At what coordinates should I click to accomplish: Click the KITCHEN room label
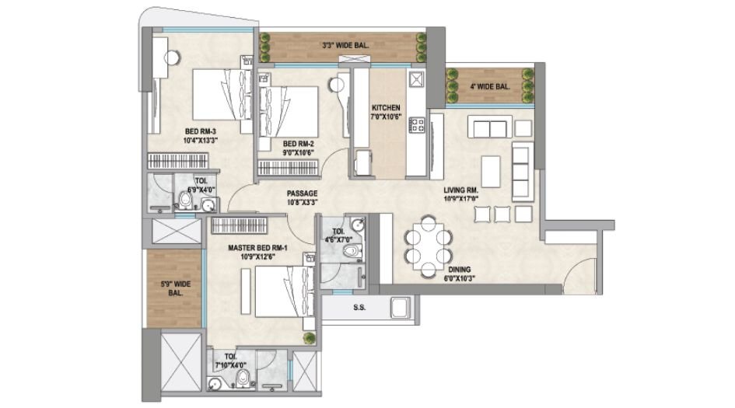point(386,108)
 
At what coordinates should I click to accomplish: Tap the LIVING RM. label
point(460,188)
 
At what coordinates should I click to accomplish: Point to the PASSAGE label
point(302,194)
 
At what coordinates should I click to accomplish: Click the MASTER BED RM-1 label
point(257,249)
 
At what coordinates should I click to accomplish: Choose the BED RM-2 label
point(297,144)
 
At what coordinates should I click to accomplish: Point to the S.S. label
point(359,308)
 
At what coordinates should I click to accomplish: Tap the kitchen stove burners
point(417,124)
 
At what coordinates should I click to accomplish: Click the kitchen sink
point(415,78)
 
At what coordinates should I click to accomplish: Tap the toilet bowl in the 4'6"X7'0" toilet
point(353,250)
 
